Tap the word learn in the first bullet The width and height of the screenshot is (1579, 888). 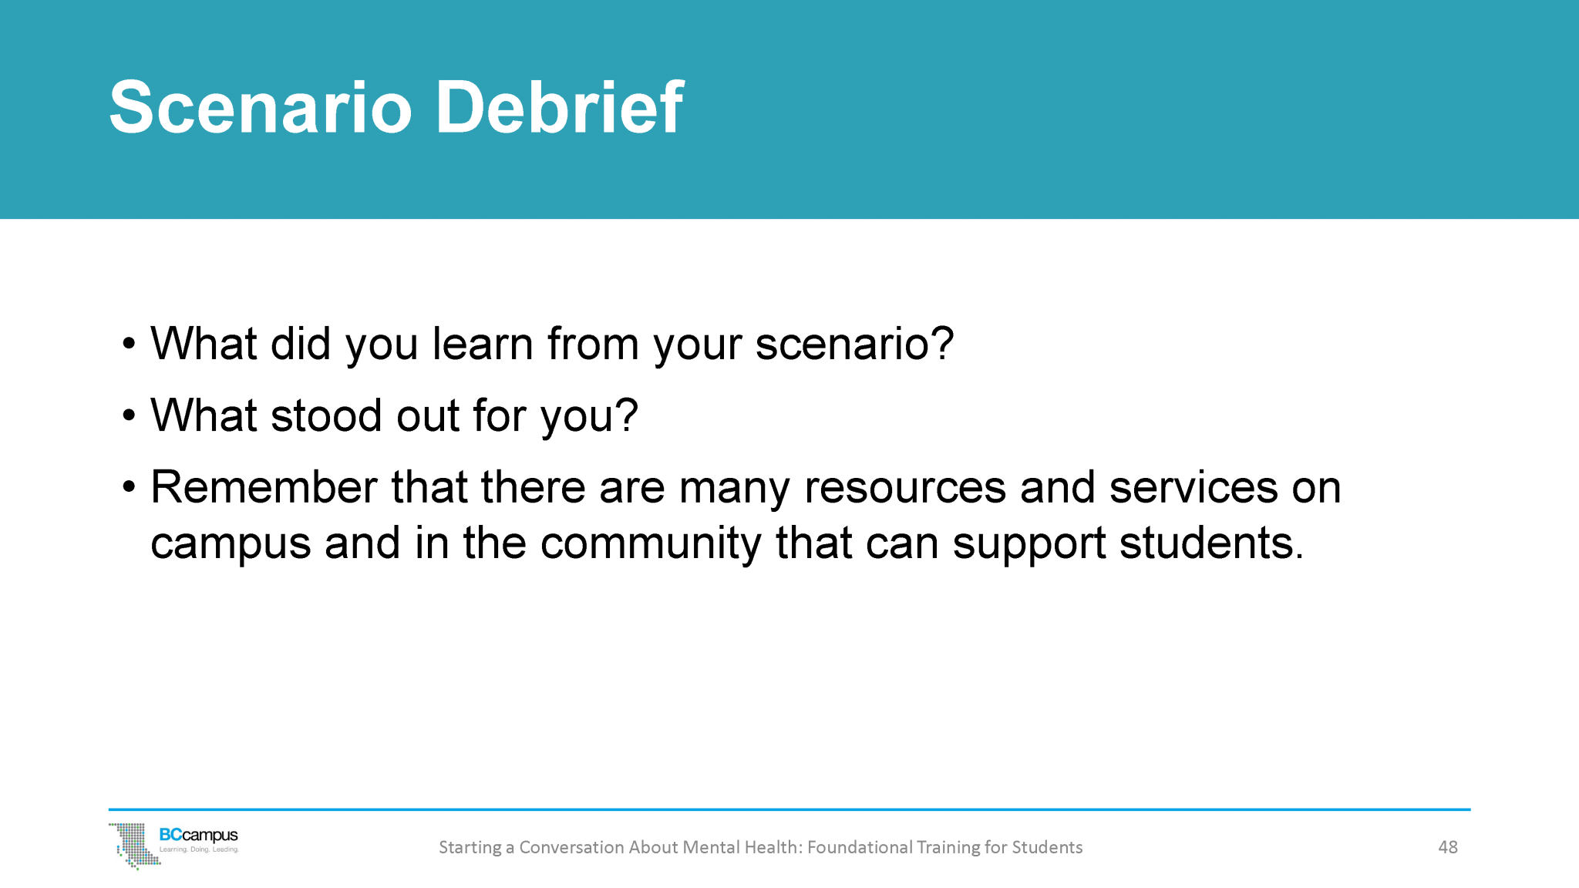pos(483,344)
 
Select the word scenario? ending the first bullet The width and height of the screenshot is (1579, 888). pos(854,344)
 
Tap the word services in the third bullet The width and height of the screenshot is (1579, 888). pos(1194,487)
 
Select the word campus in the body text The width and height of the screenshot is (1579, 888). pos(231,544)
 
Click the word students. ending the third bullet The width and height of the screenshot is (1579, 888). pos(1211,543)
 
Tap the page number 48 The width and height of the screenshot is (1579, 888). pos(1447,847)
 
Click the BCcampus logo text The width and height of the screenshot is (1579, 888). pos(198,835)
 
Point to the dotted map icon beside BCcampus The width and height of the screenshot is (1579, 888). pos(133,845)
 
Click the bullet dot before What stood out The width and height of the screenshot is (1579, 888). pos(129,416)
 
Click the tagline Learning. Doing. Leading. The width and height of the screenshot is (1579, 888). pos(199,849)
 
